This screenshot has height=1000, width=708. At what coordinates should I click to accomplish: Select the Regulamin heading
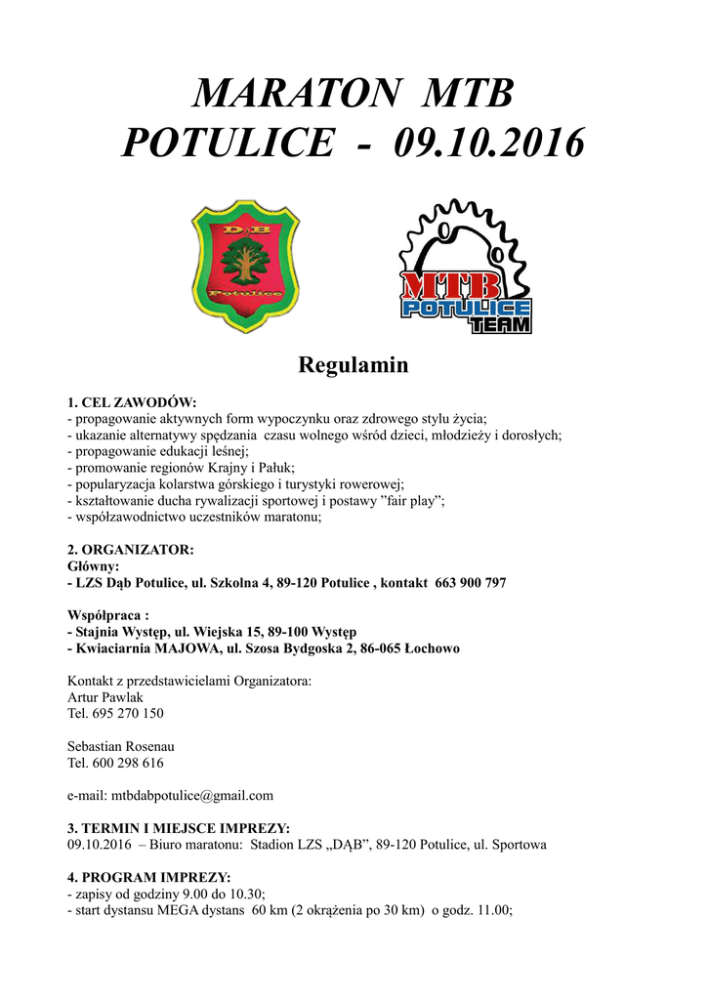(353, 366)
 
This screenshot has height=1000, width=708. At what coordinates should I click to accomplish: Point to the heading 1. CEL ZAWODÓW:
(132, 401)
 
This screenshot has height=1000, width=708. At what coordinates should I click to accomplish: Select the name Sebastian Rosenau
(120, 747)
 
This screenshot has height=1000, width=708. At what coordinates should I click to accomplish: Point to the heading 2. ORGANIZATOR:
(130, 550)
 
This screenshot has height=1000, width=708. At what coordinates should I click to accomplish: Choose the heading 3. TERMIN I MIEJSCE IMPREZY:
(178, 828)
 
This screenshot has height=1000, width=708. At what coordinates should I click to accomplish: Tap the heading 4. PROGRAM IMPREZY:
(148, 877)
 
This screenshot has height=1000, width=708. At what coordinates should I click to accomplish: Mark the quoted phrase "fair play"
(404, 500)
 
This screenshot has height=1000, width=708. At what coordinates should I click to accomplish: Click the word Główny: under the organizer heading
(94, 566)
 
